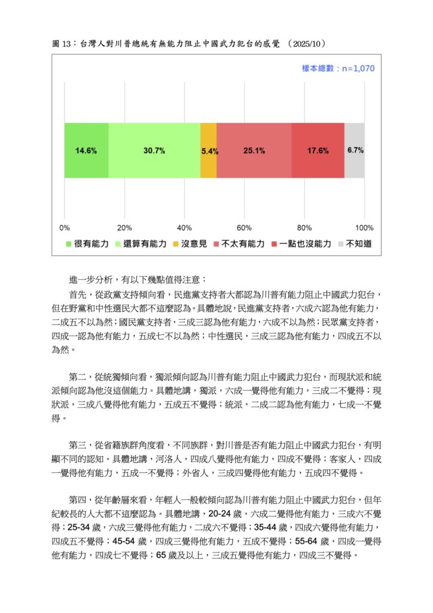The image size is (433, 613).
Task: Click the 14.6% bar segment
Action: (x=86, y=150)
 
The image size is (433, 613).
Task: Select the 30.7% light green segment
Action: (x=154, y=150)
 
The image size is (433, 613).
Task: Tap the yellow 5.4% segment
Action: (x=209, y=150)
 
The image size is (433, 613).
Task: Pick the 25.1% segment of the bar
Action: (x=254, y=150)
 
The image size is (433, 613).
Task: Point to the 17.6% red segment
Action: (x=318, y=150)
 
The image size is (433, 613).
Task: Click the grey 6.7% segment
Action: (x=355, y=150)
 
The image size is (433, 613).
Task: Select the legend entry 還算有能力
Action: (x=141, y=244)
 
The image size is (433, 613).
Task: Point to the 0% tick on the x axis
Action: (x=65, y=228)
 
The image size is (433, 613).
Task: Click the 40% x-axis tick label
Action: (x=184, y=228)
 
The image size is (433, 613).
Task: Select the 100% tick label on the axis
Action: (x=364, y=228)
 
